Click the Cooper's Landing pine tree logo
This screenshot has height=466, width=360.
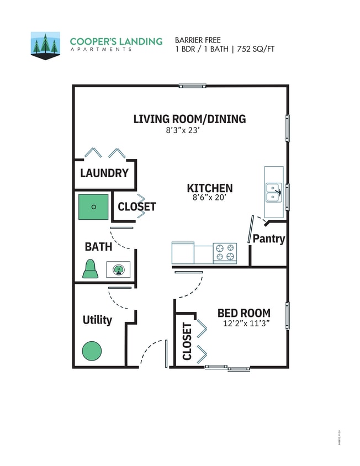pos(45,45)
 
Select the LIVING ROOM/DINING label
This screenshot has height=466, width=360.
pos(189,119)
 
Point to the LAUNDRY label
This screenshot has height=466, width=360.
pos(104,173)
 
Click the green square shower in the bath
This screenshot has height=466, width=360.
pos(93,207)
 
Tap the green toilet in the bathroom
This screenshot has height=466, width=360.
pos(91,269)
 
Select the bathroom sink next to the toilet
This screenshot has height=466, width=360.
pos(118,270)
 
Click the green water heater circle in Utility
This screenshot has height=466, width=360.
pos(92,351)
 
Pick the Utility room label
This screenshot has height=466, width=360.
pos(97,320)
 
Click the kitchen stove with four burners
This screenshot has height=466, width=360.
pos(225,253)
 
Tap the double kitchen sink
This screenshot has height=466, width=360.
pos(273,192)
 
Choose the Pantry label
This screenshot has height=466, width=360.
pos(269,239)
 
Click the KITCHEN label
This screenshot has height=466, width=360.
pos(209,188)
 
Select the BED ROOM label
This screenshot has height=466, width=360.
pos(243,313)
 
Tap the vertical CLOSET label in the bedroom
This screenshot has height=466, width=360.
pos(187,341)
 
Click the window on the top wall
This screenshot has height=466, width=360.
pos(192,86)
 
